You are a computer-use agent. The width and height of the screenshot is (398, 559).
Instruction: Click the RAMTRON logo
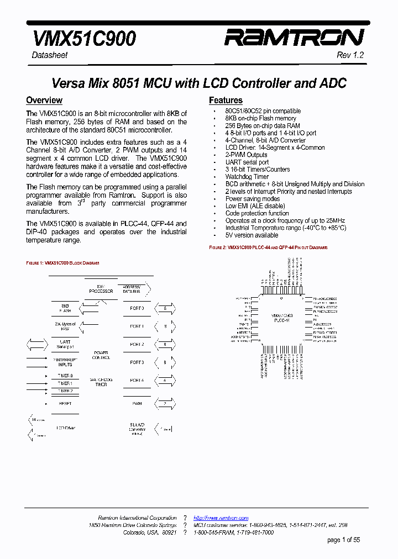tap(294, 38)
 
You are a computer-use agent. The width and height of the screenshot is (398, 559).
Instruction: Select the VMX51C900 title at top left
tap(85, 38)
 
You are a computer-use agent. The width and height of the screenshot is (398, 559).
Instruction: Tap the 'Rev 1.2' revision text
tap(350, 55)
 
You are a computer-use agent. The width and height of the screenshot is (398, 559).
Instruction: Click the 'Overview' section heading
tap(44, 100)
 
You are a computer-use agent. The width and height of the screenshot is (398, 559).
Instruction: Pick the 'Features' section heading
tap(226, 100)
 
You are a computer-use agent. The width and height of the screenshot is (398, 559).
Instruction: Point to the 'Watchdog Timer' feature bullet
tap(247, 177)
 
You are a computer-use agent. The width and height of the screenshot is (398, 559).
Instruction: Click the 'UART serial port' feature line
tap(247, 162)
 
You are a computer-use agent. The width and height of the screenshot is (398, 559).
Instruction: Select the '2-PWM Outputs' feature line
tap(246, 155)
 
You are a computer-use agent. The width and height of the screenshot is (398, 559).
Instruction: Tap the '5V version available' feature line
tap(252, 235)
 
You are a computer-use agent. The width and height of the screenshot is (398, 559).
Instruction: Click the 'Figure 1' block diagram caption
tap(62, 263)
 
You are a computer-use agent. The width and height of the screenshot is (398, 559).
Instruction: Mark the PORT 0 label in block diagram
tap(137, 308)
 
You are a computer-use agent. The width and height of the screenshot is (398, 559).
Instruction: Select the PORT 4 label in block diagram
tap(137, 380)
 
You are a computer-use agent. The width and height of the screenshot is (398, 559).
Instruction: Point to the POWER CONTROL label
tap(101, 355)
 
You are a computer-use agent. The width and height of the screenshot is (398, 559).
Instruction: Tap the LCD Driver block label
tap(65, 428)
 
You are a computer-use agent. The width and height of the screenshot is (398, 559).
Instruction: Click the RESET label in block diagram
tap(65, 403)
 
